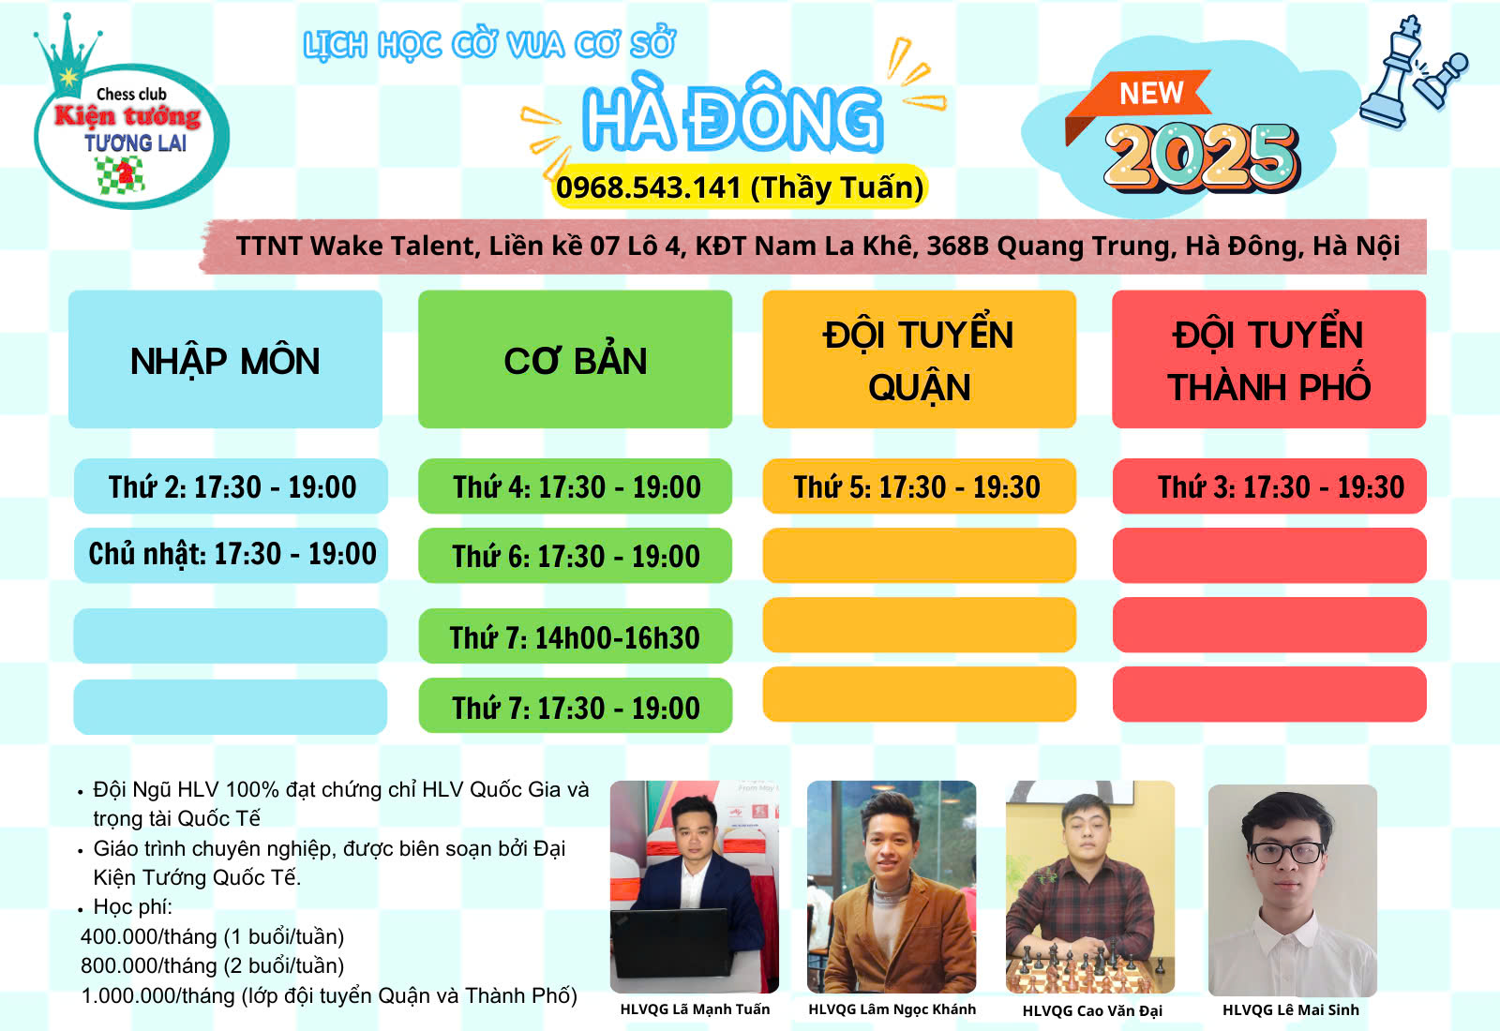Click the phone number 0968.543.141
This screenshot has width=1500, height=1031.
coord(648,187)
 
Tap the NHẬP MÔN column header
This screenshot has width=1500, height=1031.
coord(225,359)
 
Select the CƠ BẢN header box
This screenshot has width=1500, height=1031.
coord(576,359)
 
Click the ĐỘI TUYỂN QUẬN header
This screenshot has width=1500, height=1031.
coord(920,359)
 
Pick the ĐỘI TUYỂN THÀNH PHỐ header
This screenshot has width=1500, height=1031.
coord(1269,359)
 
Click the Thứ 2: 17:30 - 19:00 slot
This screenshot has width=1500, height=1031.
coord(231,486)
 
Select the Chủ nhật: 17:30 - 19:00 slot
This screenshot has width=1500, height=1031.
coord(231,555)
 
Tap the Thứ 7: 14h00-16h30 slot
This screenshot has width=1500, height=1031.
coord(576,636)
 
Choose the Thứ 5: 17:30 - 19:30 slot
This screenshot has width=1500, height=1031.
coord(920,486)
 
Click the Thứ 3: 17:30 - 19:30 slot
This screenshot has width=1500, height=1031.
coord(1269,486)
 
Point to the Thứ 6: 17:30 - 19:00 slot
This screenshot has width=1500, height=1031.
coord(576,555)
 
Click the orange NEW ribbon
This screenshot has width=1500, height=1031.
coord(1138,100)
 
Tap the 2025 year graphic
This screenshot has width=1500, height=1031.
coord(1202,157)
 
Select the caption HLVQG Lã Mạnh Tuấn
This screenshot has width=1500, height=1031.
coord(695,1009)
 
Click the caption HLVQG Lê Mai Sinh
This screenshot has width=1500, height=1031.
coord(1290,1009)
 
